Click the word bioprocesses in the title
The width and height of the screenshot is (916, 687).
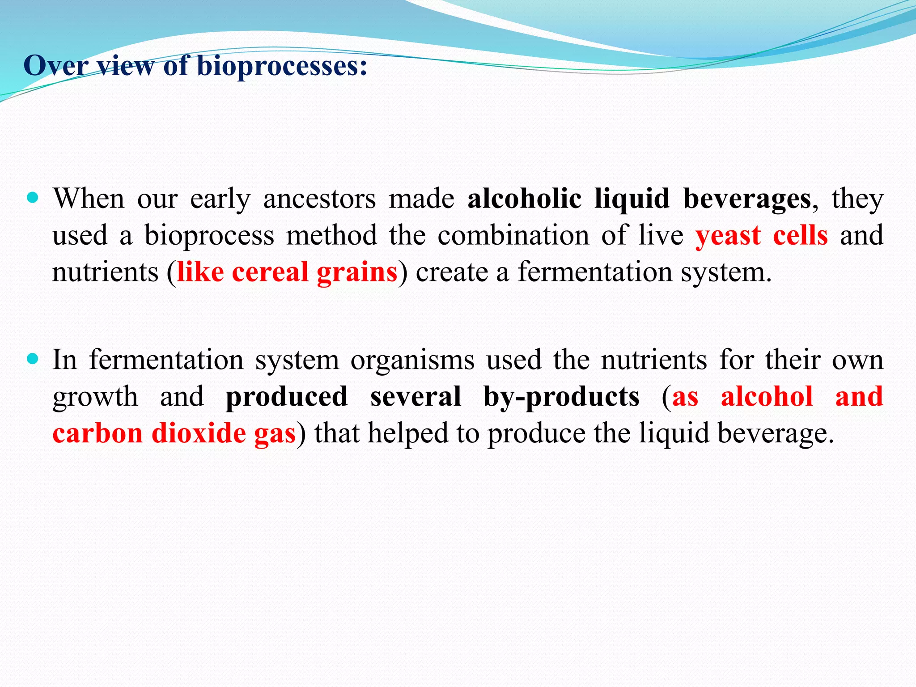pos(282,66)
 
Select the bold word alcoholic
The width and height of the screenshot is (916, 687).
pos(524,198)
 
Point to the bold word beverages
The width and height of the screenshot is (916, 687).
pos(747,199)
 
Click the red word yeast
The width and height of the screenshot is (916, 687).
pos(728,236)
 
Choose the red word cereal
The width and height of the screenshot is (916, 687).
pos(270,272)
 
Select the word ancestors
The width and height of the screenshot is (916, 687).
pos(319,199)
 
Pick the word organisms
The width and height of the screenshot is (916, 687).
pos(412,360)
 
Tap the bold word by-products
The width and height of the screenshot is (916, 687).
pos(561,397)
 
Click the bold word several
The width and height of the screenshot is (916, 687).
pos(416,396)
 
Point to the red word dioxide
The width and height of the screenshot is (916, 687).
pos(199,433)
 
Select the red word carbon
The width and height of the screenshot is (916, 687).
pos(98,433)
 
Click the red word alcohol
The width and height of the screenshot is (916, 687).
pos(767,396)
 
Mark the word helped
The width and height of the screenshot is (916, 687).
pos(408,433)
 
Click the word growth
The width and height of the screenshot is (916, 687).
pos(95,397)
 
